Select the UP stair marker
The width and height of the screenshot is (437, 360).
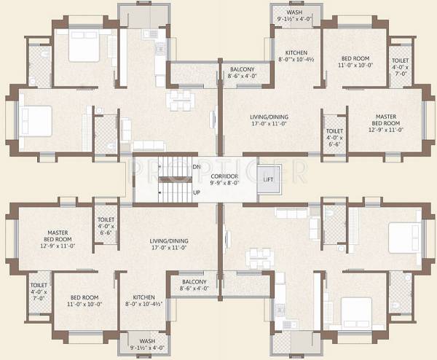tap(195, 192)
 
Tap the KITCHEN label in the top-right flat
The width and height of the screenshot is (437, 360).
tap(296, 53)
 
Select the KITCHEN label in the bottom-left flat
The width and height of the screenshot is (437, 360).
tap(143, 297)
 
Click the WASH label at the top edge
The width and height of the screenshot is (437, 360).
tap(294, 12)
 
